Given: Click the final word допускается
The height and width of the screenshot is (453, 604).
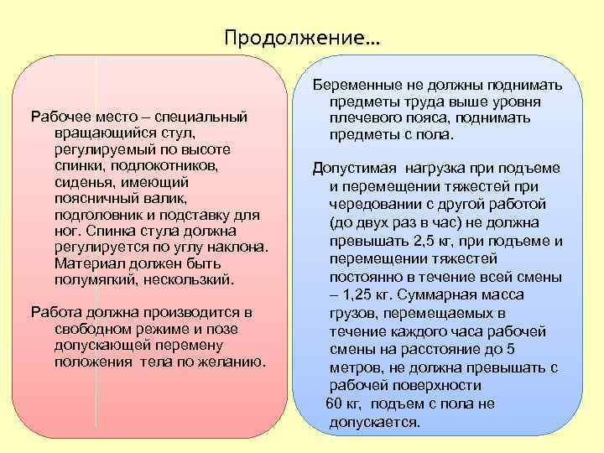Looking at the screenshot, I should point(373,421).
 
